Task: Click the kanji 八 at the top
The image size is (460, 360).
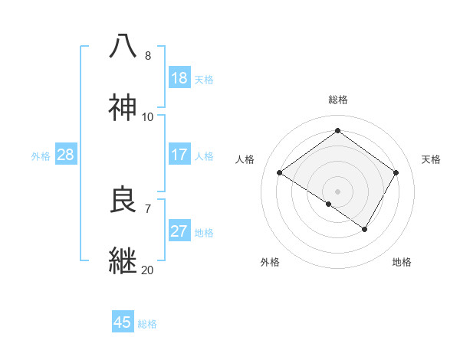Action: click(123, 47)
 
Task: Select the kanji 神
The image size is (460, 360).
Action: click(123, 108)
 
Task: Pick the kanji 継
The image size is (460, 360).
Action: click(123, 260)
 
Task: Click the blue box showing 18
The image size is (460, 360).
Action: click(179, 78)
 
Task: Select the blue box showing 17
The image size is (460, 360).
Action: click(179, 155)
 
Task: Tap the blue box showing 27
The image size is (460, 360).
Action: click(179, 231)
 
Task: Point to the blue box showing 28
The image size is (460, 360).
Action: click(66, 155)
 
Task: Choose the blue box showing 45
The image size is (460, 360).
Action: click(123, 322)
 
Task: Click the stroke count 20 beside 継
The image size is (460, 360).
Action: click(147, 270)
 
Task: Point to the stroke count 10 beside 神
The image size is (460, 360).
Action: click(147, 116)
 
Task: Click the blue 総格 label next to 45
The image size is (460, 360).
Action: click(147, 324)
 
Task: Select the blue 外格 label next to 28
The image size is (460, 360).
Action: click(41, 156)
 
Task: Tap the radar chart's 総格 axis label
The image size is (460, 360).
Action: click(337, 100)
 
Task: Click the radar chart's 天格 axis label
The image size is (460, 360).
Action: click(432, 159)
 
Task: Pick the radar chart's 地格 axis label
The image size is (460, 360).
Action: click(402, 262)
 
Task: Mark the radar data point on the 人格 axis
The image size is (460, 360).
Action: click(280, 173)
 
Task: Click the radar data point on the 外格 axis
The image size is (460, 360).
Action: click(329, 204)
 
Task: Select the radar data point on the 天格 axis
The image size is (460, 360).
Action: click(396, 173)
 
